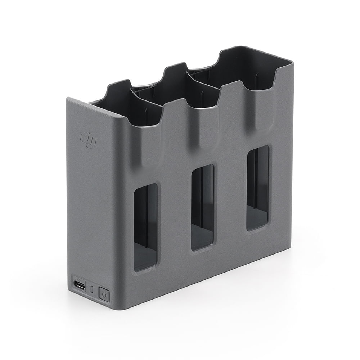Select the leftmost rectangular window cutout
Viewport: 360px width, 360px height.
click(x=145, y=227)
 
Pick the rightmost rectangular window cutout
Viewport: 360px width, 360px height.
click(x=257, y=188)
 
